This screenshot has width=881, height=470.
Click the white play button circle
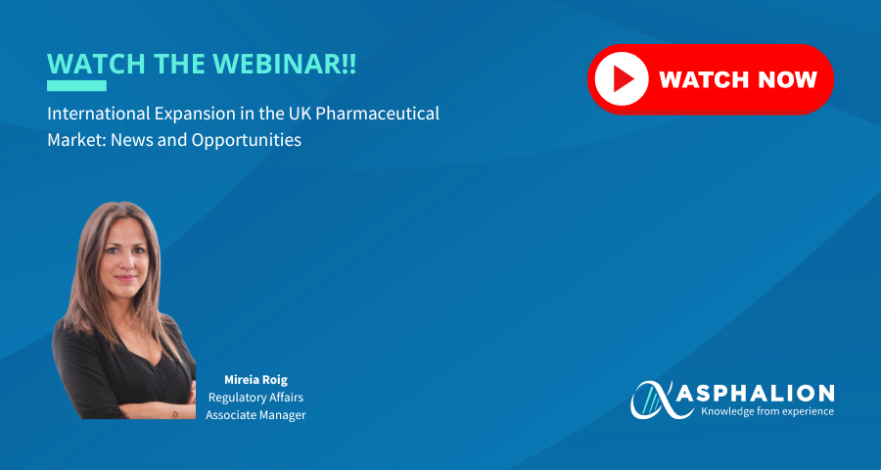pyautogui.click(x=622, y=79)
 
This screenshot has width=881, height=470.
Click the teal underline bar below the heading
pyautogui.click(x=76, y=85)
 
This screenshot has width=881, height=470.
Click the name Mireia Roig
pyautogui.click(x=255, y=380)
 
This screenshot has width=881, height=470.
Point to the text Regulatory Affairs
pyautogui.click(x=255, y=398)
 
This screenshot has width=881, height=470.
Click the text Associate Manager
pyautogui.click(x=255, y=415)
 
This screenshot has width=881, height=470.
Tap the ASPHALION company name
pyautogui.click(x=755, y=393)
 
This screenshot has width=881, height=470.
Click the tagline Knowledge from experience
pyautogui.click(x=767, y=411)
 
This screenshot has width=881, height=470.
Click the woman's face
pyautogui.click(x=126, y=257)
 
